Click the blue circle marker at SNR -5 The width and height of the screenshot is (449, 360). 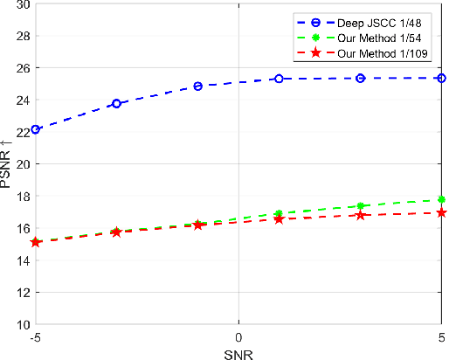pos(36,129)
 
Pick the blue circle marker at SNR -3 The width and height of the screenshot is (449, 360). pos(116,103)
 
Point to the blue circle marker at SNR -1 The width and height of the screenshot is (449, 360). pos(198,86)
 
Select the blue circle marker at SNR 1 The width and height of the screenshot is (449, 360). pos(279,79)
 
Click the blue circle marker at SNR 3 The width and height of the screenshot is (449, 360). pos(360,78)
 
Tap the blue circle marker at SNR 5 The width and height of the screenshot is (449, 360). pos(441,78)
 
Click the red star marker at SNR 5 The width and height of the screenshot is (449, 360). pos(441,212)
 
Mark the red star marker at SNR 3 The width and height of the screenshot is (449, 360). pos(360,215)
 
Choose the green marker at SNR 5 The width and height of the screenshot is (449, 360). pos(441,199)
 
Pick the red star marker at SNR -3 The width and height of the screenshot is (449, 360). pos(116,232)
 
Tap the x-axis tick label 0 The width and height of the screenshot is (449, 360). pos(238,336)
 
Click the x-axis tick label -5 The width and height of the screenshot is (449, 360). pos(36,336)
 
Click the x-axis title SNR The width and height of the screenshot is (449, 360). pos(238,351)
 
